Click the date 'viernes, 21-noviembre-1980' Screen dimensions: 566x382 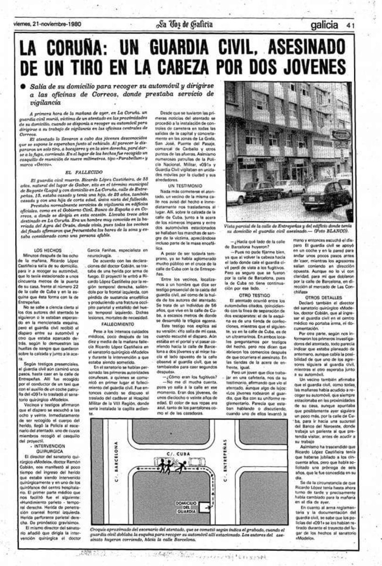pyautogui.click(x=46, y=24)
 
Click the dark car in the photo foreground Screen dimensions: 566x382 pyautogui.click(x=334, y=194)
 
